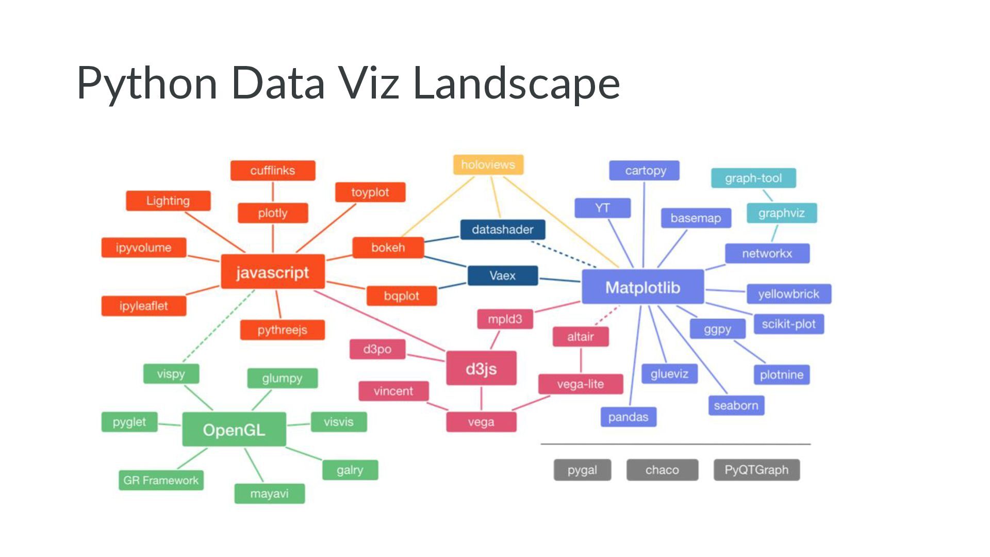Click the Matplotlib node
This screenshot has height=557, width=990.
coord(642,287)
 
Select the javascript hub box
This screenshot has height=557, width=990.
coord(272,272)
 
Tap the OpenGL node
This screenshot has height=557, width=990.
coord(234,429)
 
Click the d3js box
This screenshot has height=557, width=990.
coord(481,368)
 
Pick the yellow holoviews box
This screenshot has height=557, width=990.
coord(488,165)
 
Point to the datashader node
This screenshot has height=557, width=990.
coord(502,229)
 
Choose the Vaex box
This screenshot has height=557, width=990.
coord(502,275)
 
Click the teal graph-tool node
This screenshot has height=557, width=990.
coord(753,178)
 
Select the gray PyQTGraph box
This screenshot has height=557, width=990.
coord(756,469)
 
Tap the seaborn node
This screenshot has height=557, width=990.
coord(736,405)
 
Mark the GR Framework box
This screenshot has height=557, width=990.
coord(161,480)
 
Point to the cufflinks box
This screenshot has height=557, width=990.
coord(272,170)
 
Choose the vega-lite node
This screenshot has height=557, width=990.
coord(580,384)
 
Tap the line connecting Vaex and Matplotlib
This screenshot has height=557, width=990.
coord(560,280)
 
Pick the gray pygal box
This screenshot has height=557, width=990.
coord(582,469)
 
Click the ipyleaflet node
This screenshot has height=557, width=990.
coord(143,306)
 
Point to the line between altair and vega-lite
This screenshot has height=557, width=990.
coord(581,360)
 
